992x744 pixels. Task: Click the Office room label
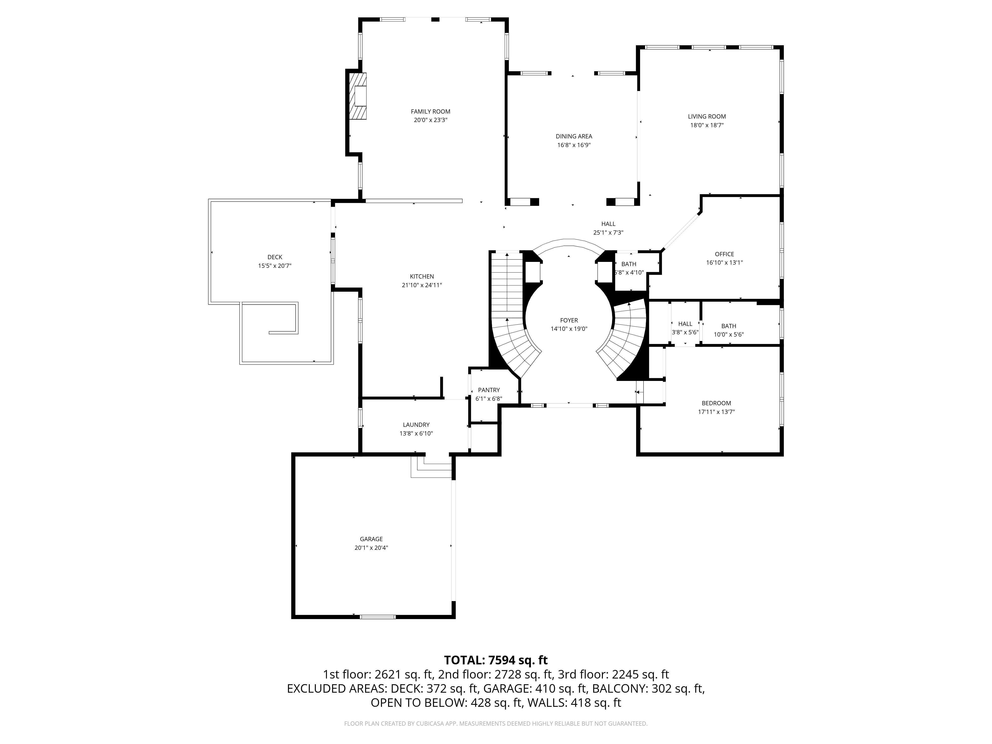click(x=724, y=254)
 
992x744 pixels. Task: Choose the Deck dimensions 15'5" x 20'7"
click(x=275, y=266)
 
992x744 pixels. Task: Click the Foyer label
click(x=569, y=320)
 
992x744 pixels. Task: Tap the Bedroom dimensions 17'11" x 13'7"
click(x=716, y=412)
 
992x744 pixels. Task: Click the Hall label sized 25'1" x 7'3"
click(x=608, y=224)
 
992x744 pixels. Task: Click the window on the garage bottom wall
click(x=378, y=617)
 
